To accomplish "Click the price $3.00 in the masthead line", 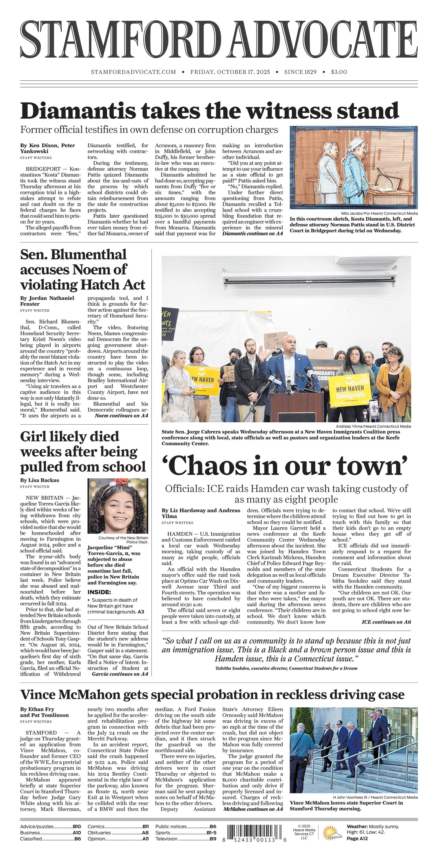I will click(x=339, y=72).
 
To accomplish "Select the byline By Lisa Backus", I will click(x=40, y=480).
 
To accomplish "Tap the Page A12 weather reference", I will click(x=357, y=838).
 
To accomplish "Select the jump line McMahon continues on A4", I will click(x=253, y=809).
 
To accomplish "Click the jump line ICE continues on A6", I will click(x=386, y=622).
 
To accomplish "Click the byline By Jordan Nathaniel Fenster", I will click(x=47, y=301).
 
